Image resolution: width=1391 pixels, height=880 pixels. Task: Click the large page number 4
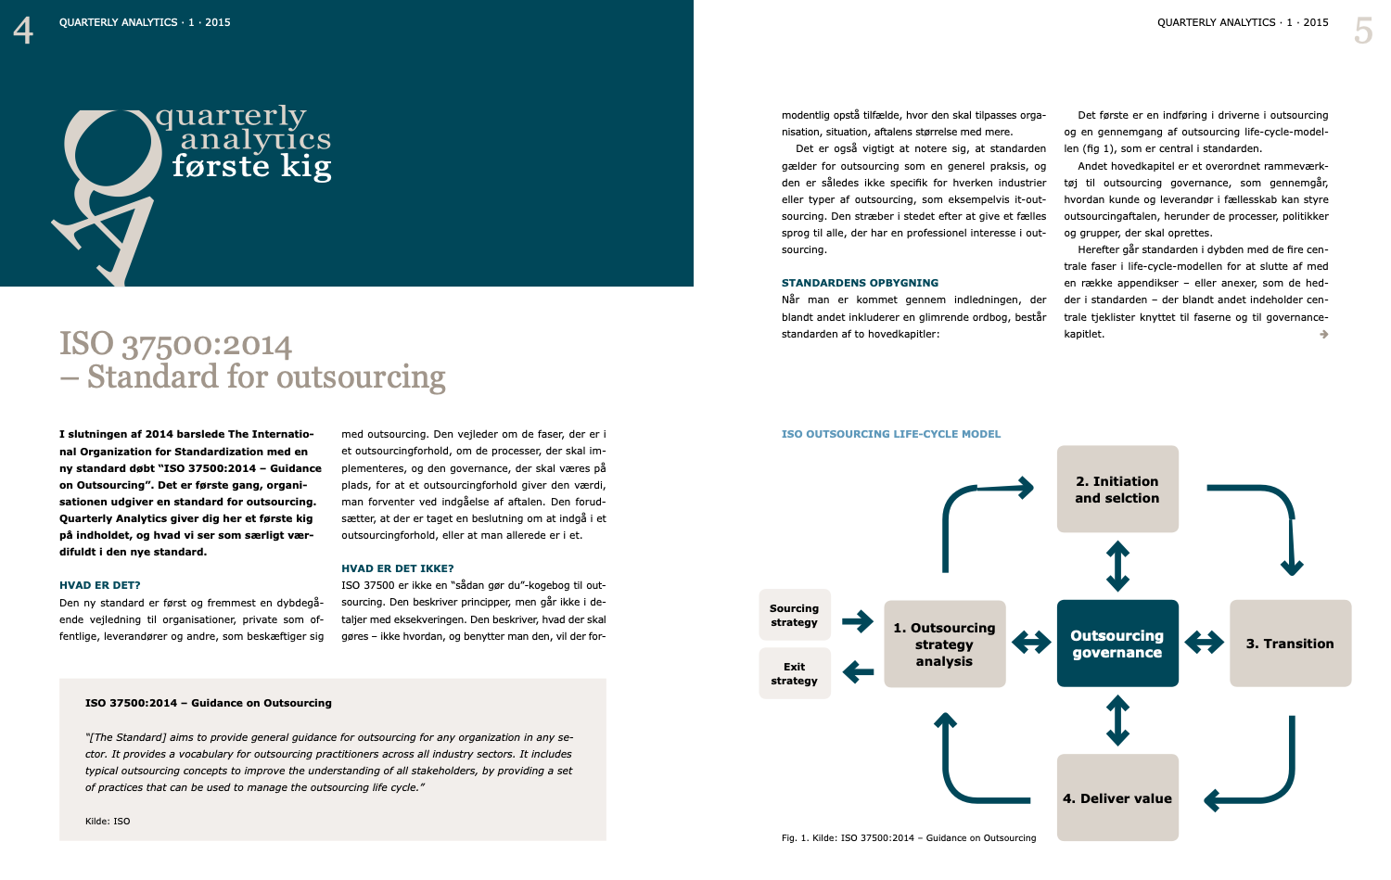23,31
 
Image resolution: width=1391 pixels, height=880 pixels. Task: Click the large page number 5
1362,31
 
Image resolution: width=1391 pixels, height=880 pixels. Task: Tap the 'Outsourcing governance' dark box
1117,644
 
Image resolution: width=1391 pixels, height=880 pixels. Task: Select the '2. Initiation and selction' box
1117,490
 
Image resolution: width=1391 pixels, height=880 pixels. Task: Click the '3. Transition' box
1290,644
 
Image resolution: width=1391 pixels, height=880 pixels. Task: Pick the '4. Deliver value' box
1117,797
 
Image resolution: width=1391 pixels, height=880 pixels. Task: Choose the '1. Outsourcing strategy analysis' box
944,644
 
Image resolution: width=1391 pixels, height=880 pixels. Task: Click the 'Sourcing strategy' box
795,615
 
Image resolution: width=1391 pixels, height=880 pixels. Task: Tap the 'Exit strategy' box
795,673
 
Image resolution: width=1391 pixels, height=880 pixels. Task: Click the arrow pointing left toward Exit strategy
858,671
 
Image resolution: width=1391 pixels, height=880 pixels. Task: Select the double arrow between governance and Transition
1204,642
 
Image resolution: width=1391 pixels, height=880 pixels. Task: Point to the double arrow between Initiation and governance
1117,566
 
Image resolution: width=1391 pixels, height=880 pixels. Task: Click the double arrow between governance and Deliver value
1117,721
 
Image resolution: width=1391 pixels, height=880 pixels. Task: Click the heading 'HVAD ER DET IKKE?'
398,568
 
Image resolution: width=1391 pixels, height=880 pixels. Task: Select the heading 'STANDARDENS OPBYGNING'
860,283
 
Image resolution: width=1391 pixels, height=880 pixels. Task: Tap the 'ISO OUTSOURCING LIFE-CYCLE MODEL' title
891,434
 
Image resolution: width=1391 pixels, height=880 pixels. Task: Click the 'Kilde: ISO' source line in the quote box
108,822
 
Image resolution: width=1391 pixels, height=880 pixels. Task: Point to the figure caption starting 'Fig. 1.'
908,838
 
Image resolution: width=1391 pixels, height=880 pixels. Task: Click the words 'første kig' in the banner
251,167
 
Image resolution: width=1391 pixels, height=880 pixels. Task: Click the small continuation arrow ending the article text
1323,335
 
